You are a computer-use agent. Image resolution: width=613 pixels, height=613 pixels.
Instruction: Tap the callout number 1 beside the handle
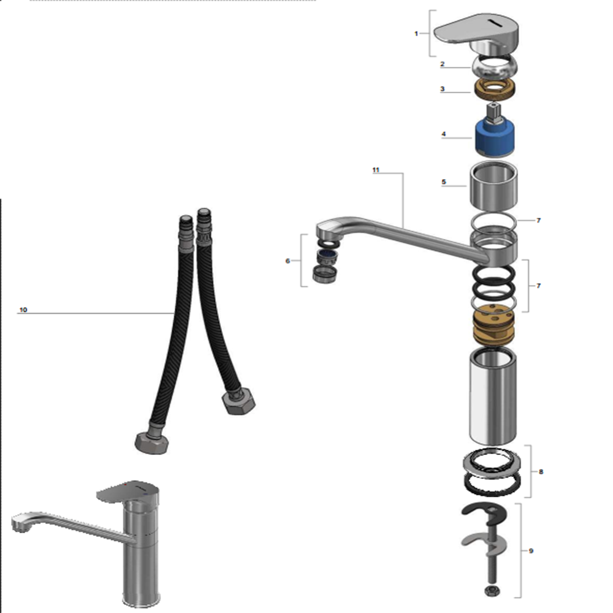click(416, 34)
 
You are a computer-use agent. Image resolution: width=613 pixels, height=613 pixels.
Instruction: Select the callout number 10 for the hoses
click(23, 310)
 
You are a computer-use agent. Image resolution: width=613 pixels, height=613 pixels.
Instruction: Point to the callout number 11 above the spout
click(376, 170)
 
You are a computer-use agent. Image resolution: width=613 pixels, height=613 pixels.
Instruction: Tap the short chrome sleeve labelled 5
click(493, 186)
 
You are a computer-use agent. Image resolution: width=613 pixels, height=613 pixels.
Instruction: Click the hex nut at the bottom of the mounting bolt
click(491, 590)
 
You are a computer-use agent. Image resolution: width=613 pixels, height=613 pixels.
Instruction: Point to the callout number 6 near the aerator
click(287, 261)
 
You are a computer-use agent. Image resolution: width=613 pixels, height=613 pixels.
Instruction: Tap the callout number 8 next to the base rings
click(541, 471)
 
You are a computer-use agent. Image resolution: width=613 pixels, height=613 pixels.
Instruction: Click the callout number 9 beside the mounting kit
click(531, 551)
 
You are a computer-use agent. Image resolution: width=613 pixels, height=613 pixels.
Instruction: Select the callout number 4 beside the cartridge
click(443, 134)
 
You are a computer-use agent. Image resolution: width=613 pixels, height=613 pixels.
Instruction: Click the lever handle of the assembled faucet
click(128, 491)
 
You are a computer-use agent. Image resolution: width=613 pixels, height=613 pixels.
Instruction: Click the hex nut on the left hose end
click(152, 443)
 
